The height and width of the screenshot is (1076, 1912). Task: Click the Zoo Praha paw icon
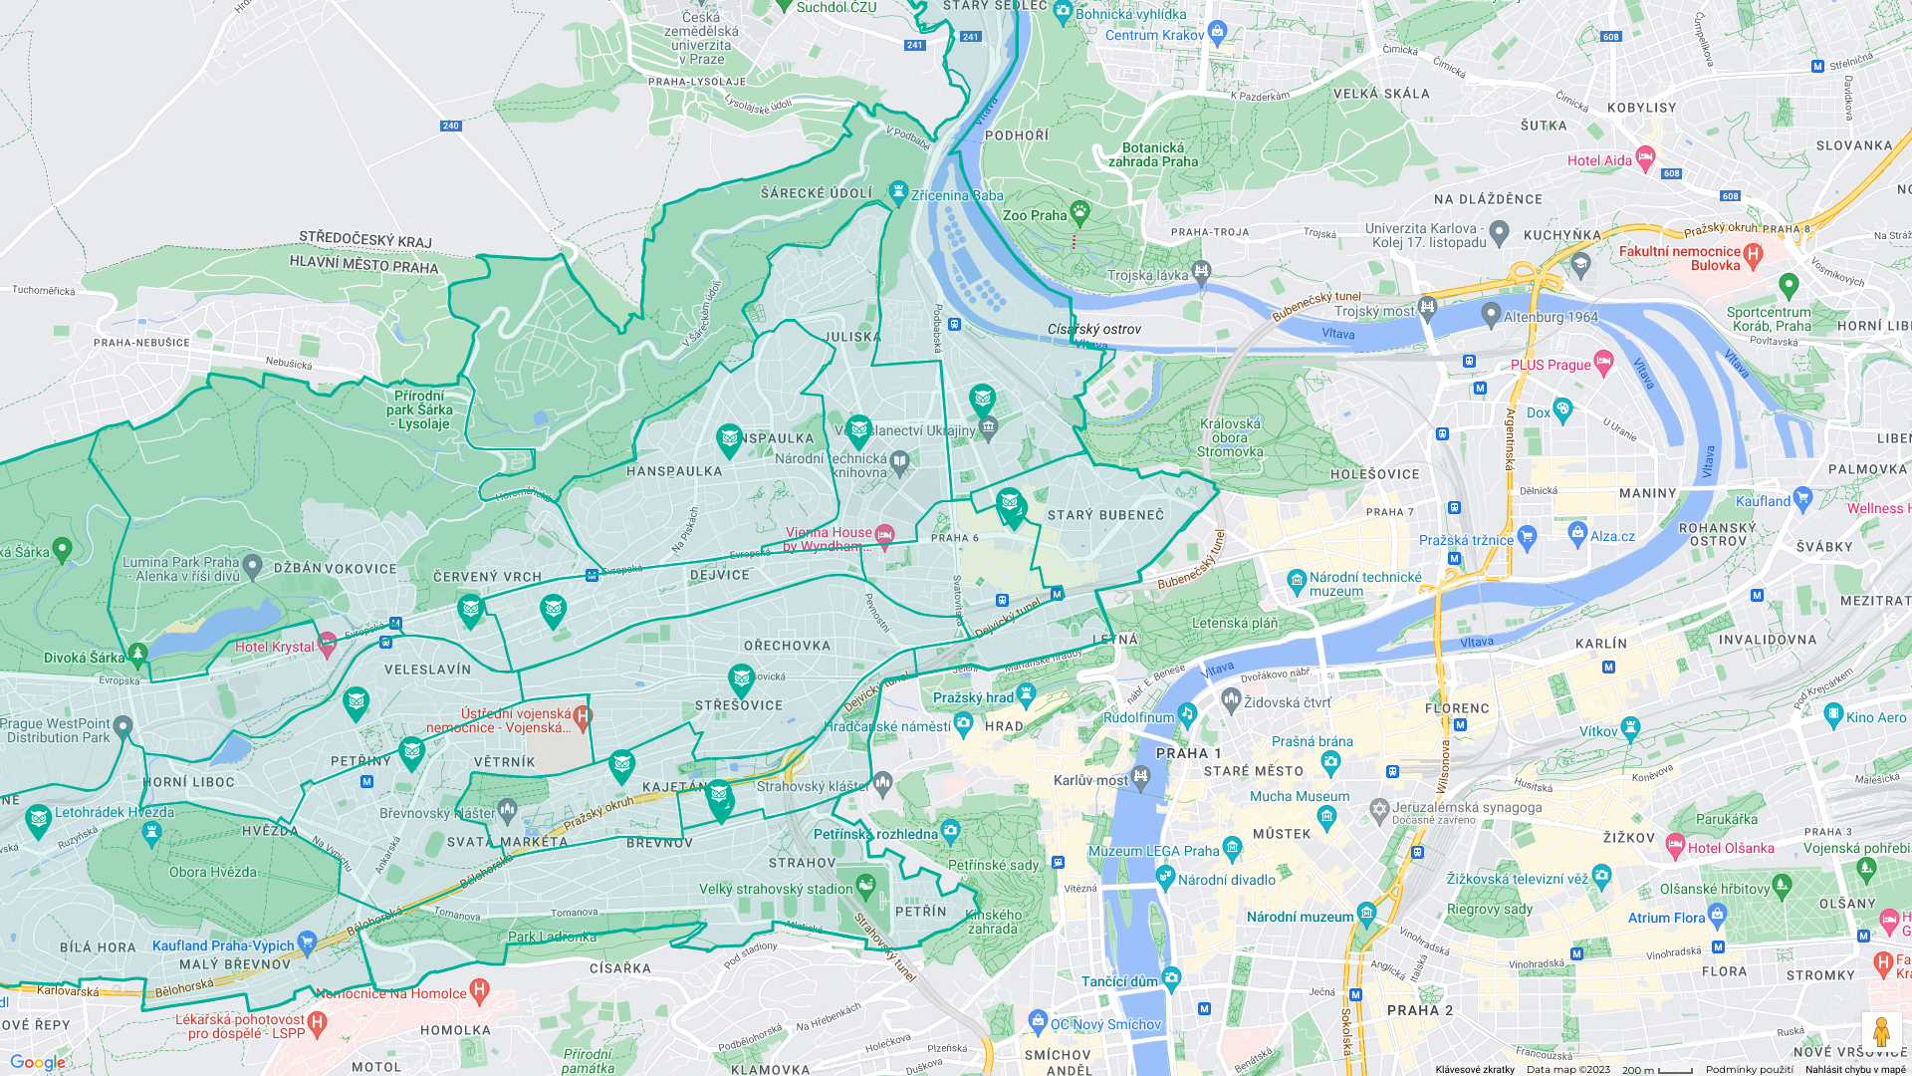[x=1079, y=212]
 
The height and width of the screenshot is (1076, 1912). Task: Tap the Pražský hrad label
[x=973, y=697]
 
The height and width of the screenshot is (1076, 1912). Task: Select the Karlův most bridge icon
[x=1140, y=777]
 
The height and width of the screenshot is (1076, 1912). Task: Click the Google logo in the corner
[x=38, y=1062]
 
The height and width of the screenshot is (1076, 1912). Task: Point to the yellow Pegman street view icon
[x=1880, y=1032]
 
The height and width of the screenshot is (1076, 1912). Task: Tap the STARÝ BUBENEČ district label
[x=1105, y=515]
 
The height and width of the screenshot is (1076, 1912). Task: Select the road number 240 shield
[x=451, y=126]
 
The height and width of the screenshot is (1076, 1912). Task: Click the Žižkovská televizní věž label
[x=1517, y=879]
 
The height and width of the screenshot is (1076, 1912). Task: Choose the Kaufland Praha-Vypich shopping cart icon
[x=307, y=941]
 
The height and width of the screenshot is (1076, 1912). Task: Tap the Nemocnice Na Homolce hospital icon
[x=479, y=990]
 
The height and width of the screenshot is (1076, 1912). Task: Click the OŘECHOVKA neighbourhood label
[x=787, y=646]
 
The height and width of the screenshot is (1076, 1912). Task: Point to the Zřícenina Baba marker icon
[x=898, y=192]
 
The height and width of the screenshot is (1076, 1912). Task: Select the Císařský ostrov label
[x=1093, y=329]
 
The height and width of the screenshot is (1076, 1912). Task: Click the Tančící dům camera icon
[x=1171, y=977]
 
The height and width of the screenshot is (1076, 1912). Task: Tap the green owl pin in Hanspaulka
[x=729, y=439]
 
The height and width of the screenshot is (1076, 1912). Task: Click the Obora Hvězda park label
[x=212, y=872]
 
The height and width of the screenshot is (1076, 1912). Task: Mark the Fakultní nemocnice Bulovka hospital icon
[x=1753, y=255]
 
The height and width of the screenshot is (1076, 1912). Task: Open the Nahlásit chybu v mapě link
[x=1854, y=1069]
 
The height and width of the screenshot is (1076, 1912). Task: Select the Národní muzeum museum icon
[x=1366, y=913]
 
